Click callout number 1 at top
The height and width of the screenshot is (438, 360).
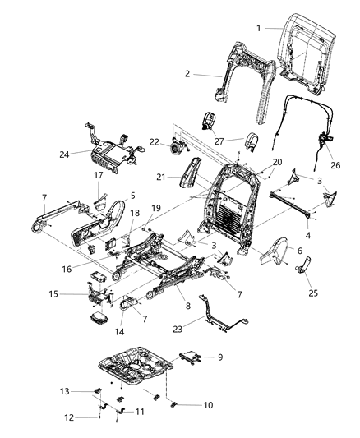pyautogui.click(x=259, y=29)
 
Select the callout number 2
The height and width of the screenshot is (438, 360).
pyautogui.click(x=188, y=74)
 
